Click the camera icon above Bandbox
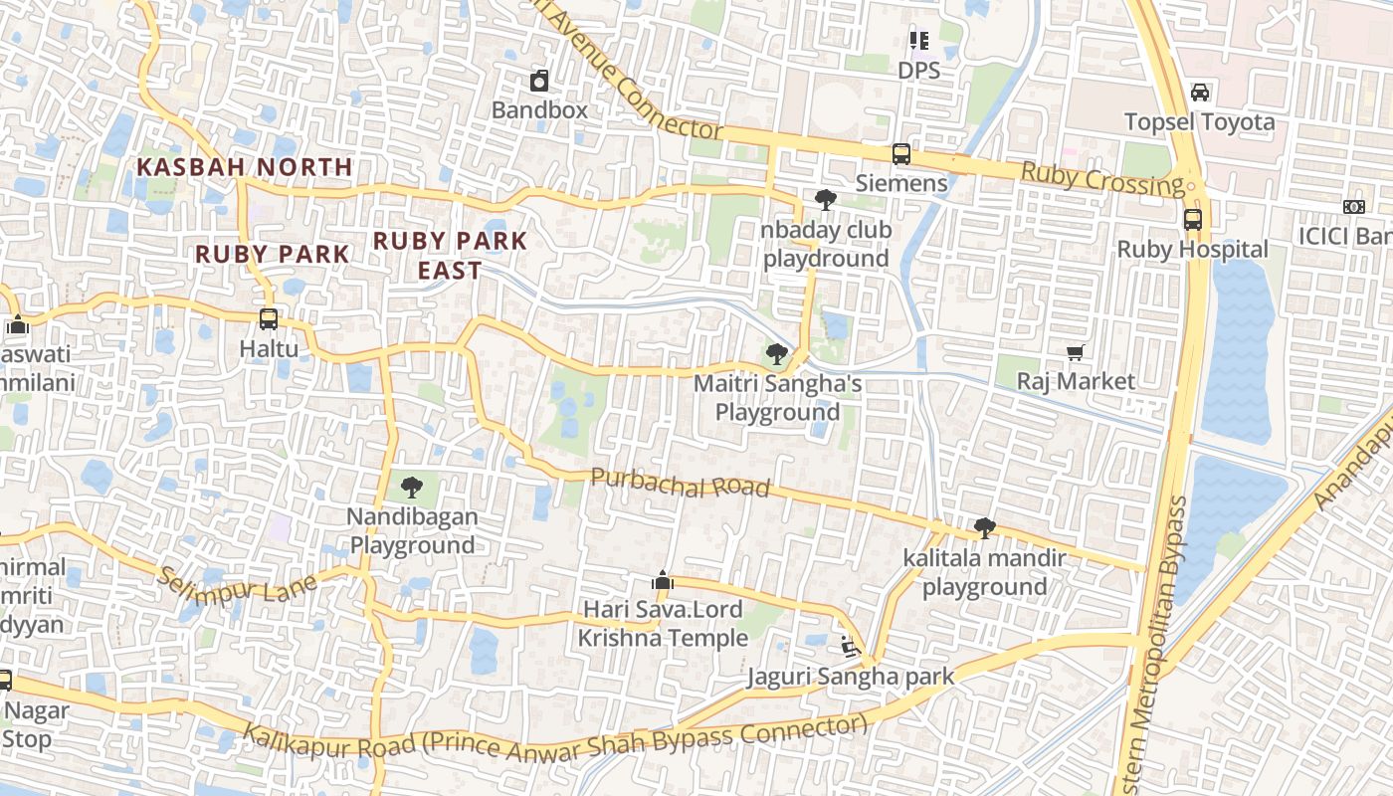pyautogui.click(x=539, y=81)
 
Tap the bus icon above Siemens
pyautogui.click(x=900, y=154)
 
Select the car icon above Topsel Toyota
pyautogui.click(x=1200, y=93)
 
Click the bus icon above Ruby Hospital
pyautogui.click(x=1192, y=220)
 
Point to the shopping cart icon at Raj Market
pyautogui.click(x=1075, y=352)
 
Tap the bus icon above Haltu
pyautogui.click(x=268, y=319)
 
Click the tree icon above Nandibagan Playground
pyautogui.click(x=411, y=488)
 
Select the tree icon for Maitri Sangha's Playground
pyautogui.click(x=777, y=354)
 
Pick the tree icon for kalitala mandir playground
pyautogui.click(x=984, y=528)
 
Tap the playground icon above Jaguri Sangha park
pyautogui.click(x=850, y=647)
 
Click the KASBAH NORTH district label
pyautogui.click(x=245, y=167)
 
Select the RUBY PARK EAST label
pyautogui.click(x=450, y=255)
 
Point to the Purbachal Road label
pyautogui.click(x=681, y=483)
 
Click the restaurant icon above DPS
pyautogui.click(x=918, y=41)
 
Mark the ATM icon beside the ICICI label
pyautogui.click(x=1353, y=207)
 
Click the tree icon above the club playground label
pyautogui.click(x=825, y=200)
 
